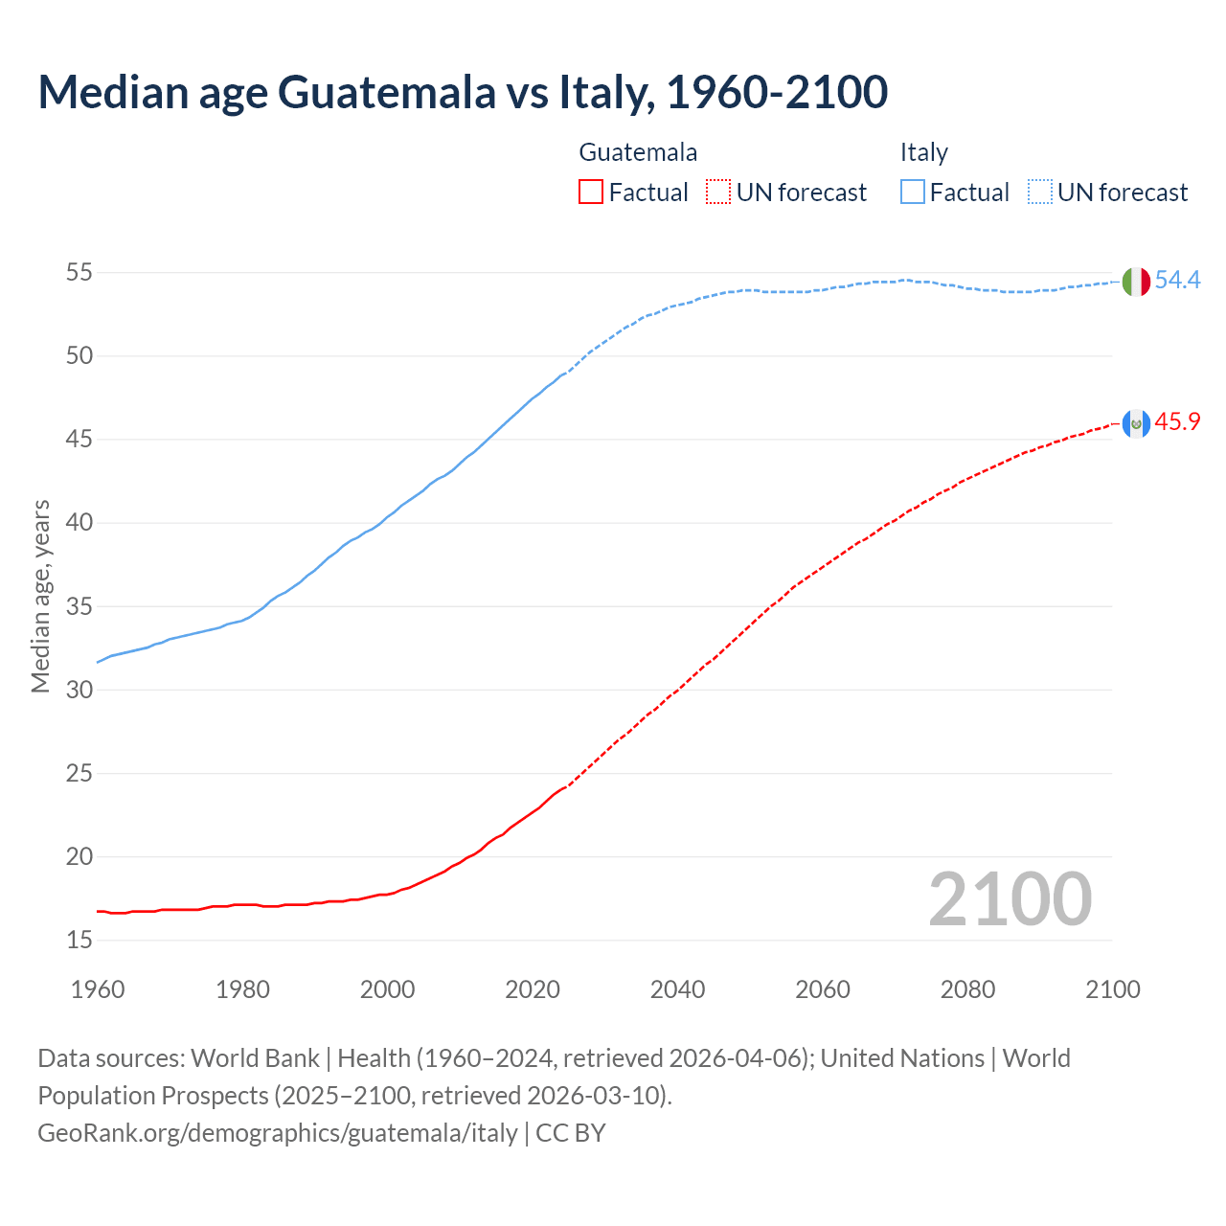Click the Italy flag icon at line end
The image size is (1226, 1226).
[x=1136, y=282]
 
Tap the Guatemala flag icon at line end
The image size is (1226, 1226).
[x=1136, y=423]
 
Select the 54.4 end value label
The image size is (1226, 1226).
[x=1177, y=281]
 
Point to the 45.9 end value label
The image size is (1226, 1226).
[x=1177, y=422]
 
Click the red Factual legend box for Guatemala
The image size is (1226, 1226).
[x=591, y=193]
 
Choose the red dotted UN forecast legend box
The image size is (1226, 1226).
[x=718, y=193]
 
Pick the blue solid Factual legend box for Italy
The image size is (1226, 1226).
[x=913, y=193]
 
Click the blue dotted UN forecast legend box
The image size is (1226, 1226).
[x=1040, y=193]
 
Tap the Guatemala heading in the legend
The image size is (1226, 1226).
[x=638, y=152]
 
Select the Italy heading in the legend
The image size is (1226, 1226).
[x=923, y=152]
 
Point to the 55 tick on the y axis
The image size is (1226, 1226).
[x=79, y=273]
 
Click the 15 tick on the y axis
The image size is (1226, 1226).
[x=79, y=941]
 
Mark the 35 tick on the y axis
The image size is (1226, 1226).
[x=79, y=607]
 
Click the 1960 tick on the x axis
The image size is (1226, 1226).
[x=98, y=989]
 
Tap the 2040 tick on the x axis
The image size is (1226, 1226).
[x=677, y=989]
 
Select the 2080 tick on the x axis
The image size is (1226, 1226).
[x=967, y=989]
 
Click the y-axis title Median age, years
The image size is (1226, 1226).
[x=40, y=596]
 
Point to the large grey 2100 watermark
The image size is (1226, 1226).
[x=1010, y=899]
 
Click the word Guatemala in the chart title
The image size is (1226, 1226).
[x=387, y=92]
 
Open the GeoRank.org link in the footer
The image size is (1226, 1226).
[x=278, y=1133]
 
